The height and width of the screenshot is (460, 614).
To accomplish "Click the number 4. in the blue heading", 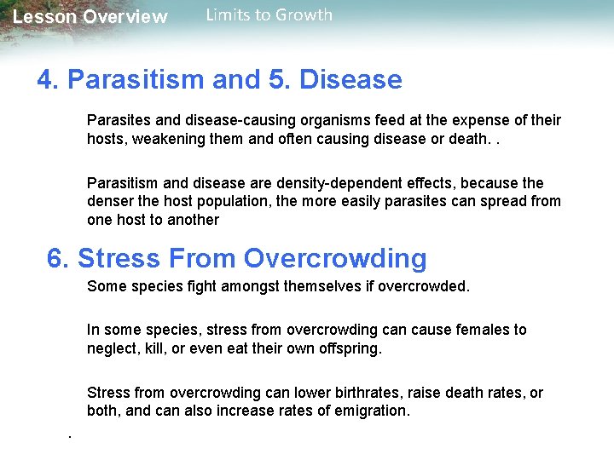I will (49, 80).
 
